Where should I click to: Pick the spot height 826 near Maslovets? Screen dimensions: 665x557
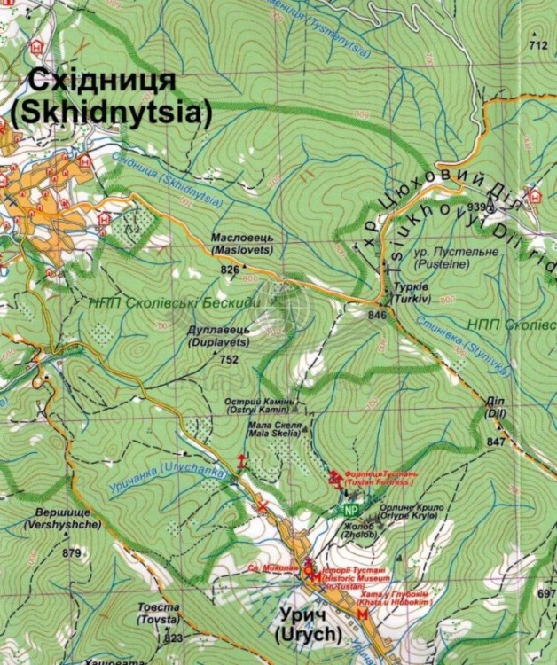[230, 269]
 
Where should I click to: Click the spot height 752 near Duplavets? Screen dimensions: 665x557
[229, 360]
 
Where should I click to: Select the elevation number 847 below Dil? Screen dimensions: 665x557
[496, 441]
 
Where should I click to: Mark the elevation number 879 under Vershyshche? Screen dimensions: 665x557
[72, 553]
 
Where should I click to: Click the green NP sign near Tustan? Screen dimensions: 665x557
[351, 511]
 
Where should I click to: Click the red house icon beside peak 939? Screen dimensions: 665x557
[534, 195]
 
